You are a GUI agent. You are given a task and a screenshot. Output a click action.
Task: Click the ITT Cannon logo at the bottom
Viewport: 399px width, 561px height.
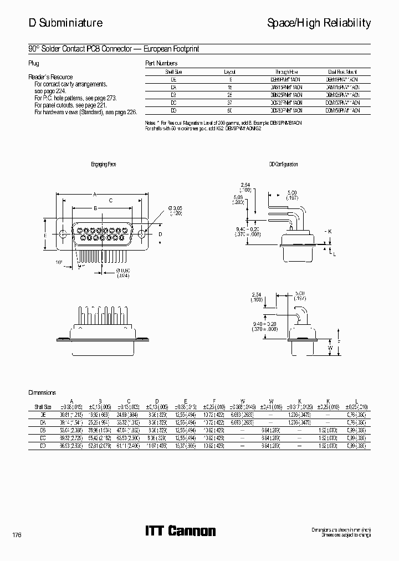180,531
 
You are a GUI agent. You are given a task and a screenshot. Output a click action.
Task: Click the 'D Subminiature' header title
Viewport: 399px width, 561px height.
65,23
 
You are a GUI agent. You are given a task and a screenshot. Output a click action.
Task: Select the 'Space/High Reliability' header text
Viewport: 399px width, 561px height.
319,23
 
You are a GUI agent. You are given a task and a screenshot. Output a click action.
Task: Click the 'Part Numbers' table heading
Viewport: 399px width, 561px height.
161,63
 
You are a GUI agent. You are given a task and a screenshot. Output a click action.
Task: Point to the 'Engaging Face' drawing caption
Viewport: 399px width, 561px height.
104,165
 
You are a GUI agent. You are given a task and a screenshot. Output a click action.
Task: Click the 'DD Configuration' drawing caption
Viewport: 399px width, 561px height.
283,165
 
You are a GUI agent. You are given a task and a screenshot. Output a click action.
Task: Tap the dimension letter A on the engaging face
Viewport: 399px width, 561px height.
95,194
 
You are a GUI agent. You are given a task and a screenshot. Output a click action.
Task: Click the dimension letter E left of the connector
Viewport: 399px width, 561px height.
45,234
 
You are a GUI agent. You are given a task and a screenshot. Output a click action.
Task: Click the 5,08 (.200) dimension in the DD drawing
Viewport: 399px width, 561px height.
238,199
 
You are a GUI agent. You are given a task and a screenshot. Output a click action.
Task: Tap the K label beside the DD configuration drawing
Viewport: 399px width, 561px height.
330,231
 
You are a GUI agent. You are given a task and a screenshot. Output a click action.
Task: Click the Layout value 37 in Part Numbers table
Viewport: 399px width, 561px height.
230,103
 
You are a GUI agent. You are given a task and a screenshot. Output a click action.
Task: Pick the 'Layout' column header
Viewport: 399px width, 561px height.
230,72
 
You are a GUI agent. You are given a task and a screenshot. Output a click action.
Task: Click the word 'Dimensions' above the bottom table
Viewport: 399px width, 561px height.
42,392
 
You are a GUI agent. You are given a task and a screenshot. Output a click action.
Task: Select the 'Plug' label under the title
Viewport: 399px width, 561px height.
33,63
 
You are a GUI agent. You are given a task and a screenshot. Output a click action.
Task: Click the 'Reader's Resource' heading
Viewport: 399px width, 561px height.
50,77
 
